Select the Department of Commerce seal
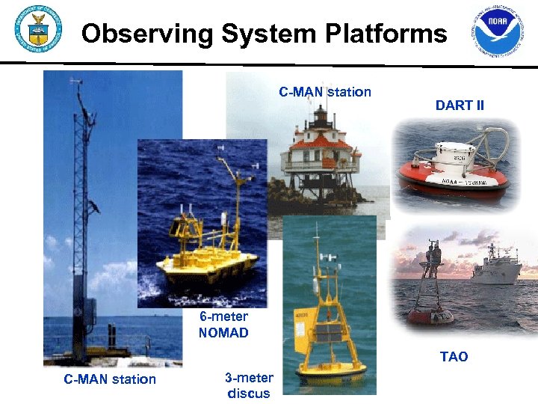point(37,31)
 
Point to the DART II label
point(460,105)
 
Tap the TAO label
point(454,357)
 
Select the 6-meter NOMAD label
point(223,325)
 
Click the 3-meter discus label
point(249,385)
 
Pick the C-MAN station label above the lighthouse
point(325,92)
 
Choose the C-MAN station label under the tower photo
point(110,379)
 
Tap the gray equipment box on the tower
point(89,314)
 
